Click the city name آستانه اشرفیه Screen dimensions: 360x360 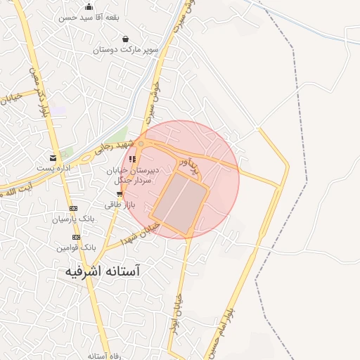98,271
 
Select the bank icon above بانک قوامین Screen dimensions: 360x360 76,237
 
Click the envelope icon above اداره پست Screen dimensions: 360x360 53,157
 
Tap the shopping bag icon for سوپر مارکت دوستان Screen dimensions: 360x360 125,39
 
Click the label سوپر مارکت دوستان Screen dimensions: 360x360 125,50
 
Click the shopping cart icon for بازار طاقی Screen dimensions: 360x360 120,194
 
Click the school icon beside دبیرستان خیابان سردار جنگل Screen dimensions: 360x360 132,159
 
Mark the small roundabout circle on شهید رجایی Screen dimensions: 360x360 141,143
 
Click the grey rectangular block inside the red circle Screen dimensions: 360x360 180,202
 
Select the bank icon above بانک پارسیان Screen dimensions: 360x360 73,208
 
